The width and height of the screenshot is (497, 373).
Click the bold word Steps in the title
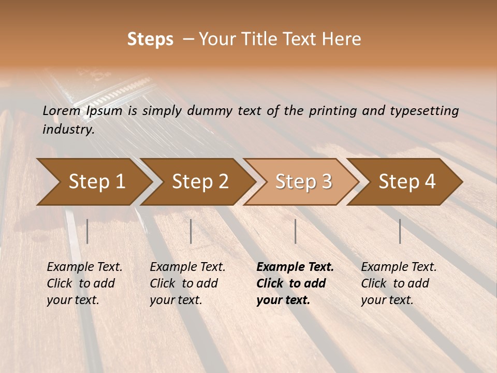pos(150,39)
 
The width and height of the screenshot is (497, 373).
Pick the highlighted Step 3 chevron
pos(303,182)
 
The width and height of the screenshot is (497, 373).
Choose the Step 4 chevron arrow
pos(407,182)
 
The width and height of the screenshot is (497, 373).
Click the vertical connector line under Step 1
pos(87,231)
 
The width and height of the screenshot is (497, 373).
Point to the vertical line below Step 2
pos(191,231)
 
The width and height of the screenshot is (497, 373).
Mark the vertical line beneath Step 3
pos(295,231)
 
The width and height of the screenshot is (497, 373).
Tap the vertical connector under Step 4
pos(400,231)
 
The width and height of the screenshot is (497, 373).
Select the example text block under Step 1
pos(84,283)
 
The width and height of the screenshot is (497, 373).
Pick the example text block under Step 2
pos(187,283)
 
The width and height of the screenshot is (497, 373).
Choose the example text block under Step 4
pos(399,283)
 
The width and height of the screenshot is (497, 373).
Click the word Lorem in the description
pos(62,111)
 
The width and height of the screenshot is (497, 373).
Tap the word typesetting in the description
pos(426,111)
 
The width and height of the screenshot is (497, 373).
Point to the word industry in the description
pos(68,130)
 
